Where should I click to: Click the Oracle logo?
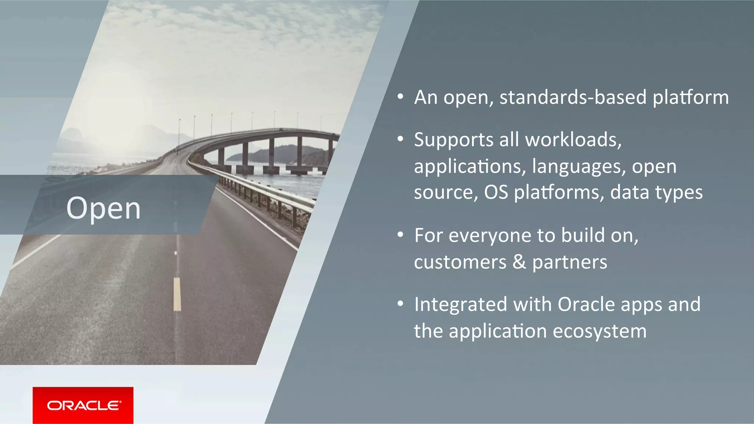(x=83, y=405)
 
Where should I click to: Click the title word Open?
(x=103, y=209)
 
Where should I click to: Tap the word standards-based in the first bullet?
(x=573, y=97)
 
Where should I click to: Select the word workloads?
(x=573, y=140)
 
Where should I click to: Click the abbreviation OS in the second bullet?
(x=496, y=192)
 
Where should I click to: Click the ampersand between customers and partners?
(x=519, y=262)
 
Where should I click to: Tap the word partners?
(x=570, y=263)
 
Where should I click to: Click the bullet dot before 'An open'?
(x=401, y=97)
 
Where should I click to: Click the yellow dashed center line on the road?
(x=177, y=294)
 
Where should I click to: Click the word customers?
(x=460, y=262)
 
